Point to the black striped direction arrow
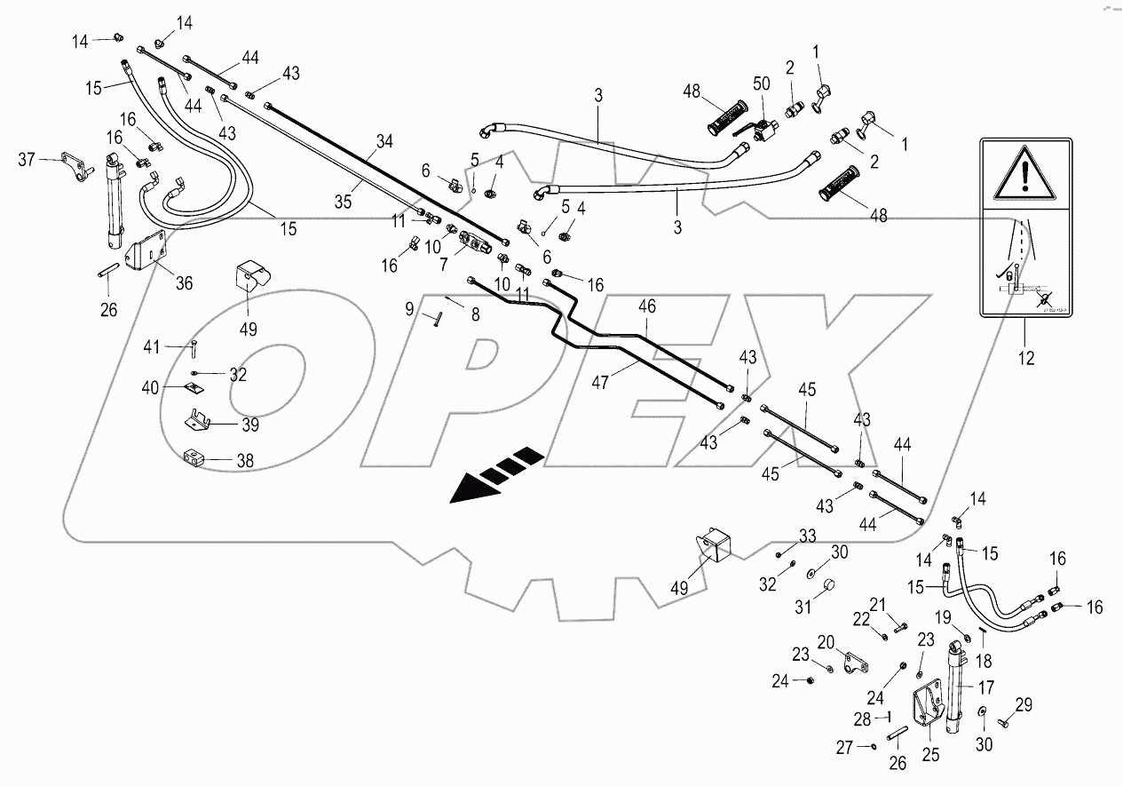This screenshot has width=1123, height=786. point(495,475)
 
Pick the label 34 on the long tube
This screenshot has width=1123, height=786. point(384,141)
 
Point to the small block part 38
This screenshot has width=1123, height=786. point(194,459)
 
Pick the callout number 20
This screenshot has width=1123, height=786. point(826,641)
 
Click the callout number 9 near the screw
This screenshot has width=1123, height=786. point(409,308)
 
